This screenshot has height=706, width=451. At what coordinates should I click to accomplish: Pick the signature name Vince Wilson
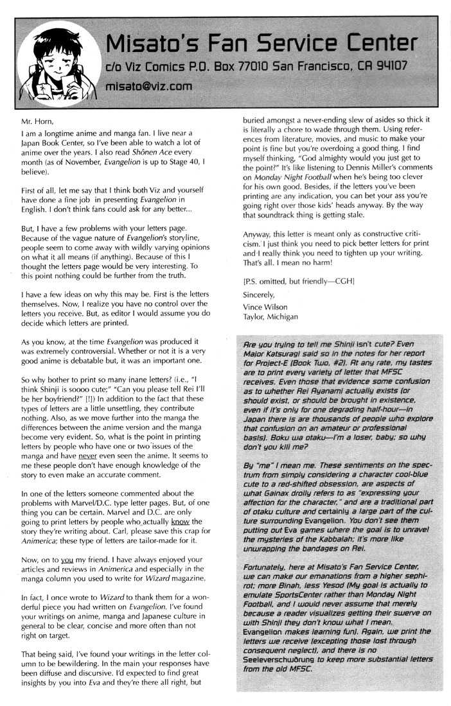[x=266, y=307]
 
